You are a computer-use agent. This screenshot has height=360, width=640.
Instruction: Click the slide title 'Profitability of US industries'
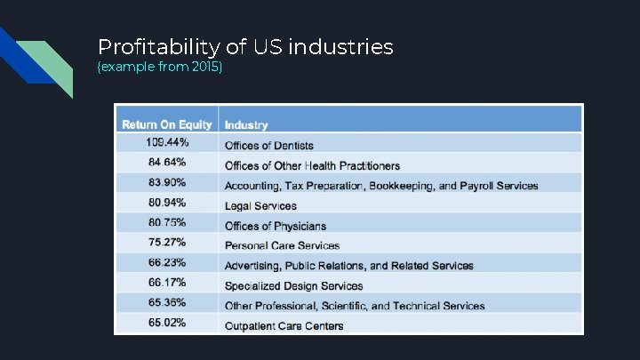click(245, 46)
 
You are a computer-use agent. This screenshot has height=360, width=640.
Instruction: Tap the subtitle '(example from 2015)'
click(160, 68)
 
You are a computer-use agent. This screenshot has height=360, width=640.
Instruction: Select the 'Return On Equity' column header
click(167, 124)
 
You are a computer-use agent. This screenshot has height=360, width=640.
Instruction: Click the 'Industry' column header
click(246, 125)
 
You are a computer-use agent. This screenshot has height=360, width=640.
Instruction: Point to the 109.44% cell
click(167, 143)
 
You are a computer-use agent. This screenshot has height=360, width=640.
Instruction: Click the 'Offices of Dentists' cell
click(268, 146)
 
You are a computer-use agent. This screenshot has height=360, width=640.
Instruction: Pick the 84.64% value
click(167, 163)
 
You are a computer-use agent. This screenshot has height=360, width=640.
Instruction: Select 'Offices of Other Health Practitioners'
click(312, 166)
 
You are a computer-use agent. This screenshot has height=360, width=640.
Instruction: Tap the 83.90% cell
click(167, 182)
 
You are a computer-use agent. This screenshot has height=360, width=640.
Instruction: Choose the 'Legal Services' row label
click(260, 206)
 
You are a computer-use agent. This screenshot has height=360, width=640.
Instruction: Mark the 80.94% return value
click(167, 203)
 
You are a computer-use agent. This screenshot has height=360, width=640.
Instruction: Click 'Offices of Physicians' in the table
click(275, 226)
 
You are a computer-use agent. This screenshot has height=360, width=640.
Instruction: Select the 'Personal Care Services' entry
click(282, 245)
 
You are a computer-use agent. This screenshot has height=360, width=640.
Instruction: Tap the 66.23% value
click(167, 262)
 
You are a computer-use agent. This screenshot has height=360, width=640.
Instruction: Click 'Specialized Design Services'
click(293, 285)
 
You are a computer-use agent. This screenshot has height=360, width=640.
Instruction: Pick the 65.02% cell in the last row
click(167, 322)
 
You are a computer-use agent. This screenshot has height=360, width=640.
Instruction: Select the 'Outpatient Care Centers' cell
click(284, 325)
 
